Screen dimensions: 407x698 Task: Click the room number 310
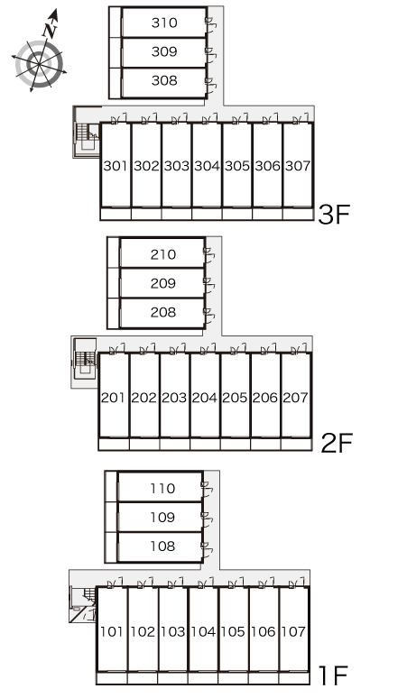164,23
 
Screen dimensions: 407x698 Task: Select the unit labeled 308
164,80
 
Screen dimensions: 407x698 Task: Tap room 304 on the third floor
207,166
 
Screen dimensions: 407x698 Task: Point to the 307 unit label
298,166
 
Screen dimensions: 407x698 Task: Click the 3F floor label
335,214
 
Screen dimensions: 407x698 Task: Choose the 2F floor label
337,443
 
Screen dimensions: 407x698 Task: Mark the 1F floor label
333,675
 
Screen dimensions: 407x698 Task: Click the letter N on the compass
51,30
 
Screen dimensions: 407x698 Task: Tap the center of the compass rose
39,65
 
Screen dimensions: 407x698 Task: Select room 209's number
163,283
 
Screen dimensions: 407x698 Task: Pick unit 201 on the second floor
113,398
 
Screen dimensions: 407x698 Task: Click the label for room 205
235,398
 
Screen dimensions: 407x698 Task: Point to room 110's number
162,489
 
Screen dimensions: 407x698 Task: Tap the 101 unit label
111,631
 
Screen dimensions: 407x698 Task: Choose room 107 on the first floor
293,631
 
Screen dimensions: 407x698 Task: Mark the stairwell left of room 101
83,604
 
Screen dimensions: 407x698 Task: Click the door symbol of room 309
210,51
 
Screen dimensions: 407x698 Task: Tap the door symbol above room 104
206,583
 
